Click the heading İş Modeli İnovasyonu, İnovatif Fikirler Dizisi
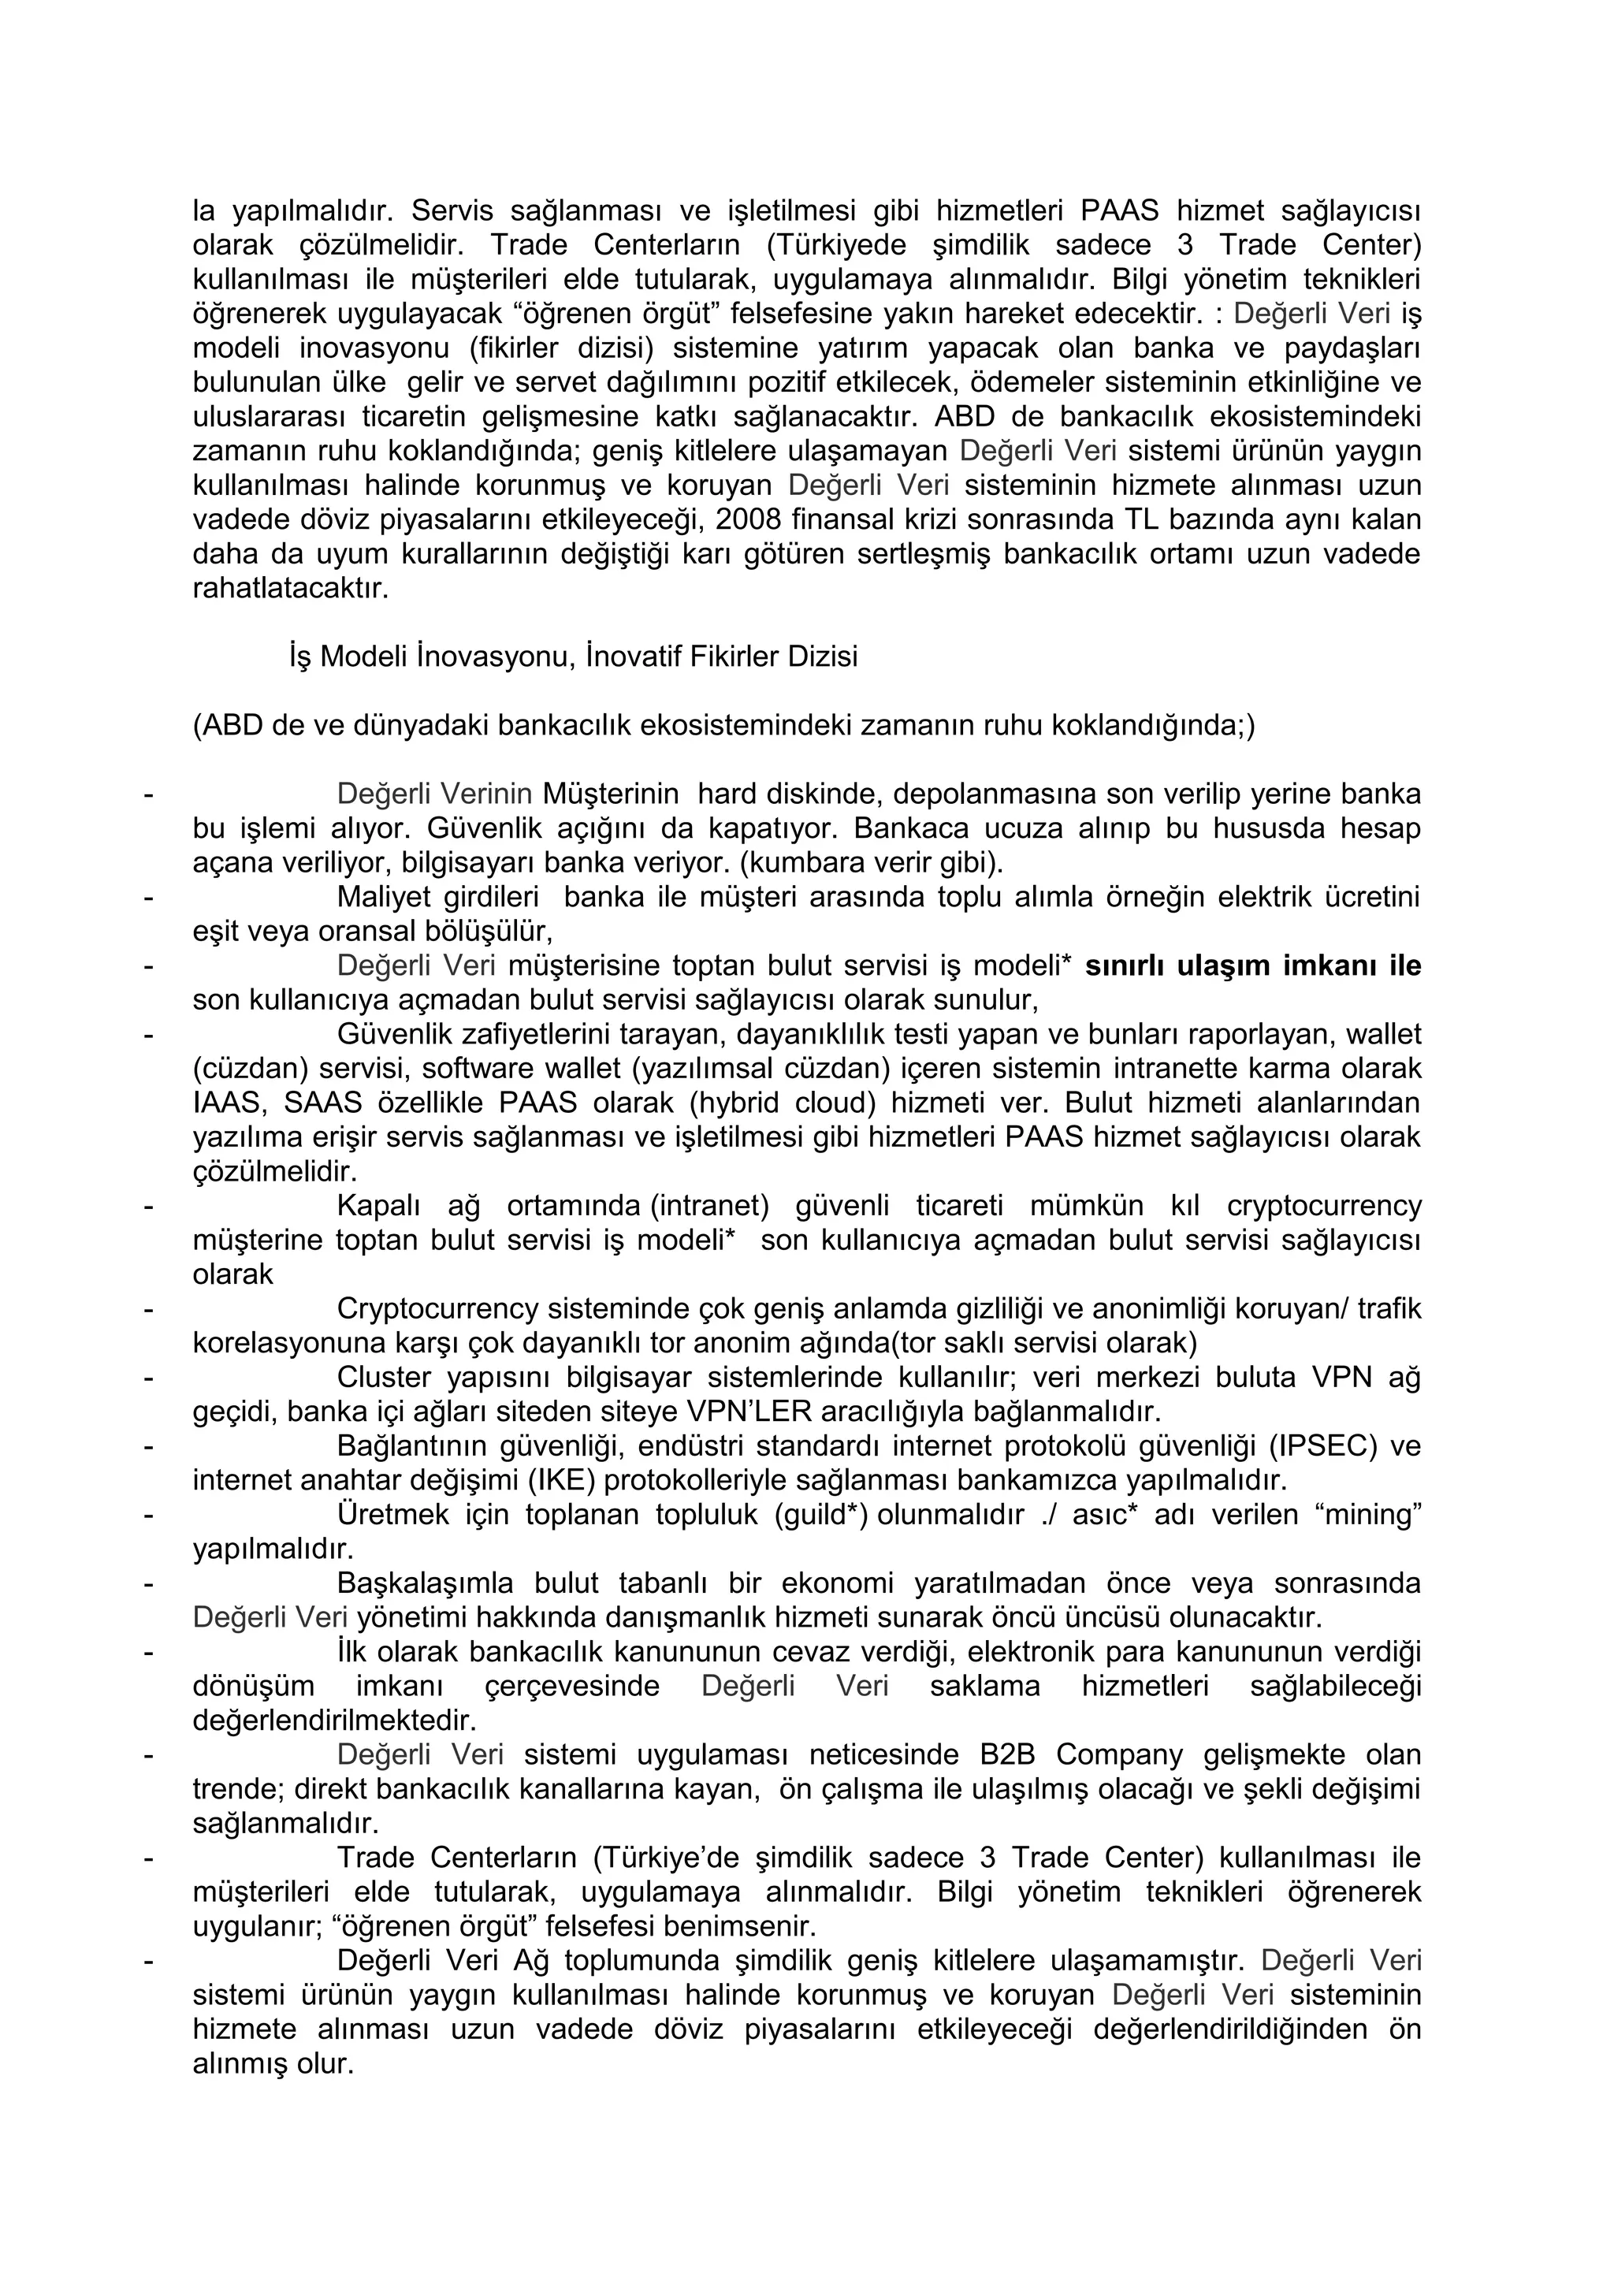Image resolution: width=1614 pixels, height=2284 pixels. pos(573,657)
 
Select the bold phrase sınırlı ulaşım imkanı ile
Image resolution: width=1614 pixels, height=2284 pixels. pos(1253,965)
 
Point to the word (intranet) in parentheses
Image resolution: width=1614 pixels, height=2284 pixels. pos(710,1206)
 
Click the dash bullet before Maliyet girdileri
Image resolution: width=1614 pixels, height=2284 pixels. pos(148,897)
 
